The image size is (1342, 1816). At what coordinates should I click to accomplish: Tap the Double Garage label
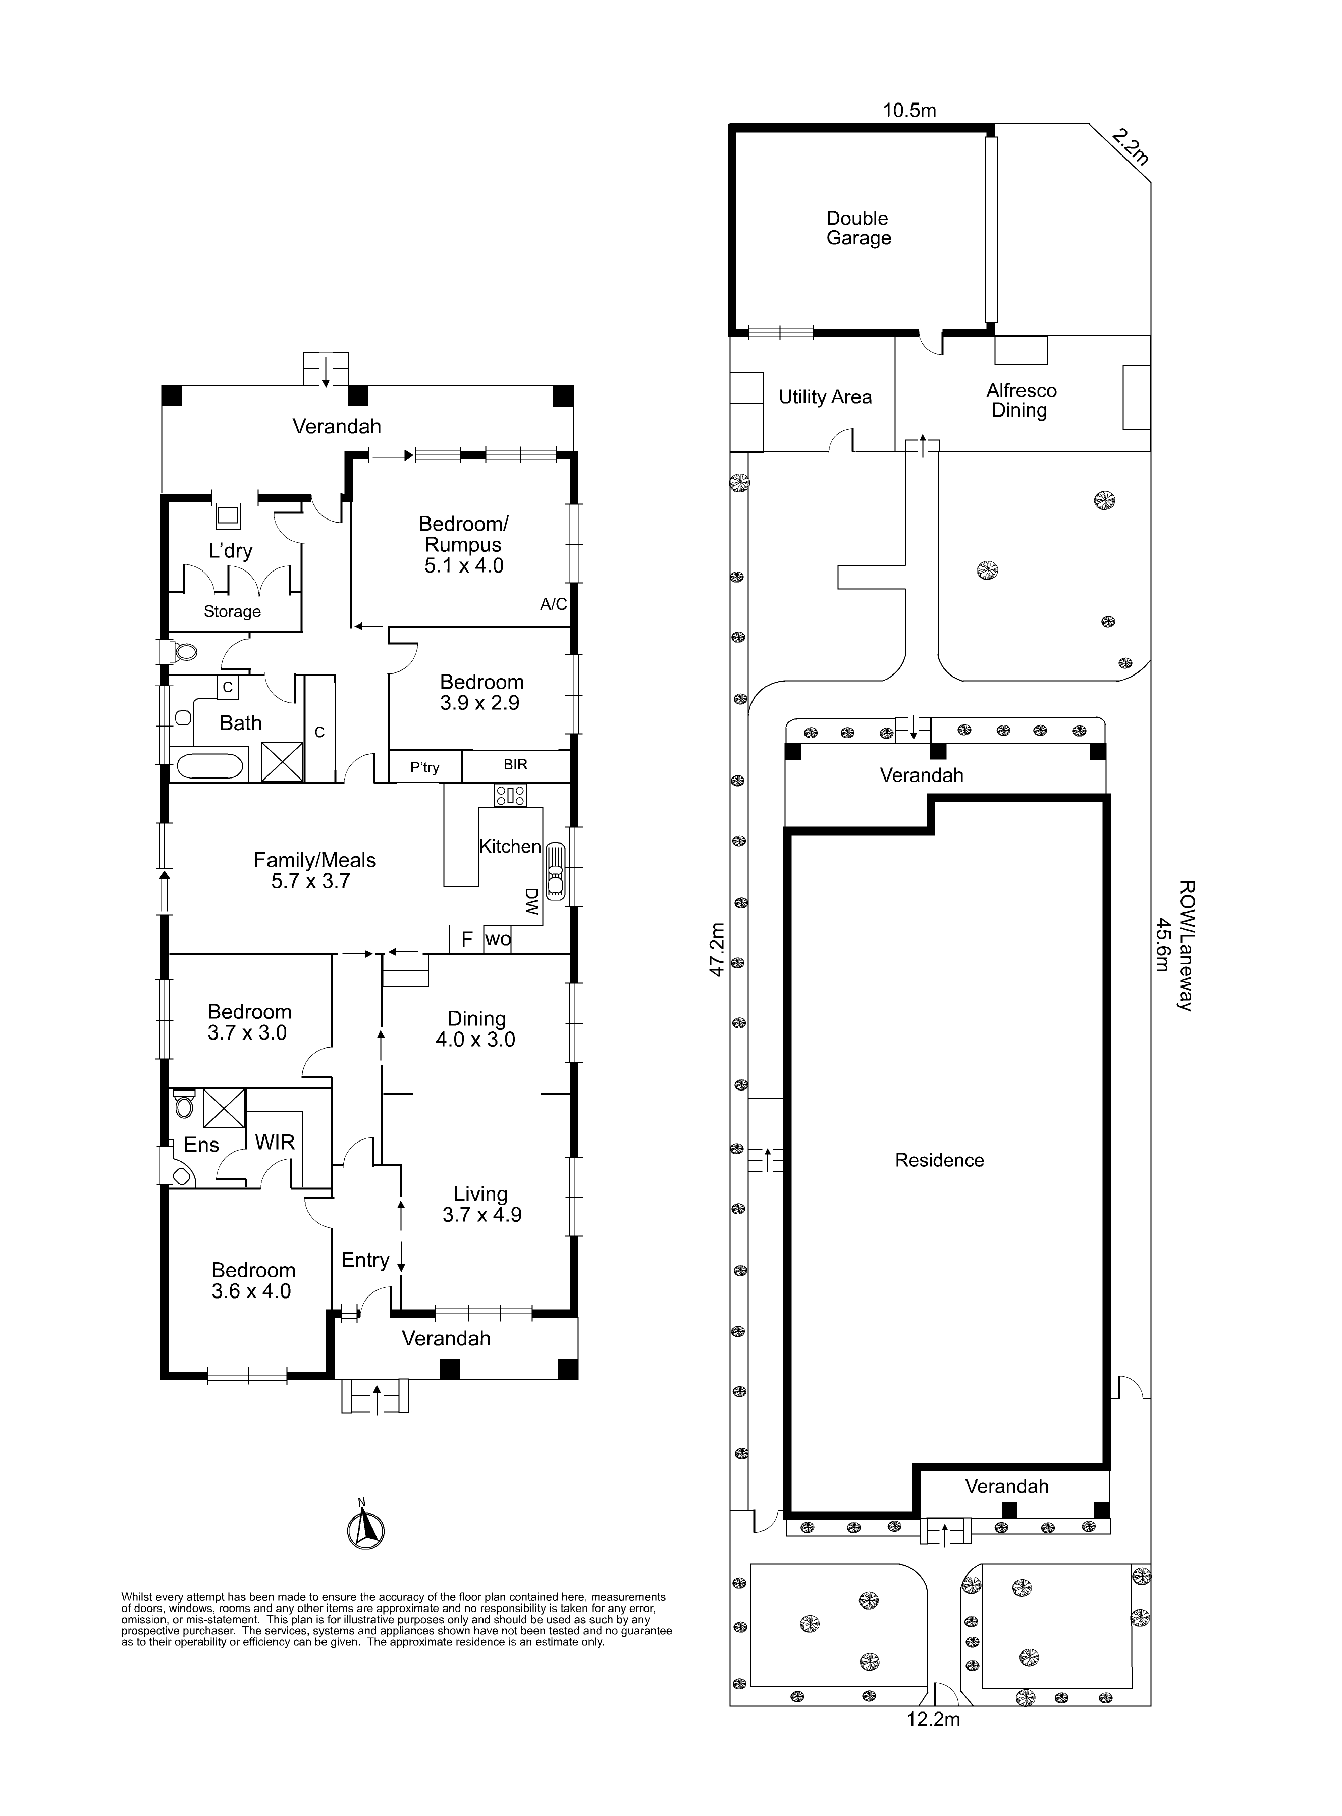858,228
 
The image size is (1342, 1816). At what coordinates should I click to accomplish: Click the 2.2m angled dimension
1130,147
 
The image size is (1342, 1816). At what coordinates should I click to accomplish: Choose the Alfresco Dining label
1021,400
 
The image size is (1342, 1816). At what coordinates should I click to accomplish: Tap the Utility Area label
825,397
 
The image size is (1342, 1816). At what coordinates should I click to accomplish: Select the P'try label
425,767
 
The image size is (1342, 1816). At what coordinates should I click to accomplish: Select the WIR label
275,1143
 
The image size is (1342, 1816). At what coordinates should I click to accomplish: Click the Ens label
201,1145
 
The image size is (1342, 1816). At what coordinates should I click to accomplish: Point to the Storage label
232,612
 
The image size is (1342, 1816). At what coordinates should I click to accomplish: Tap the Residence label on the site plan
940,1160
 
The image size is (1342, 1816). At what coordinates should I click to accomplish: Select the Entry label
365,1260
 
